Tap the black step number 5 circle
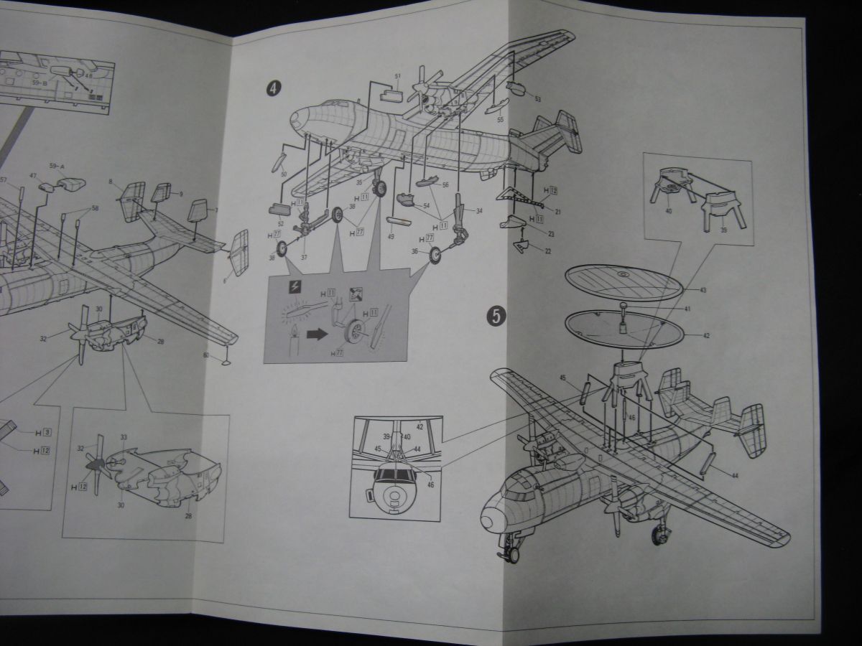click(x=493, y=314)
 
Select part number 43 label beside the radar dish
click(x=703, y=289)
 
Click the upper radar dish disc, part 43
click(x=623, y=283)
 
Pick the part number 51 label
click(x=397, y=75)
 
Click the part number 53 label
click(x=537, y=99)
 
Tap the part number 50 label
click(x=284, y=175)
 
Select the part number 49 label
click(x=391, y=235)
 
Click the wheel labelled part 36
click(x=435, y=254)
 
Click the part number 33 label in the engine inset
click(x=124, y=437)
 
